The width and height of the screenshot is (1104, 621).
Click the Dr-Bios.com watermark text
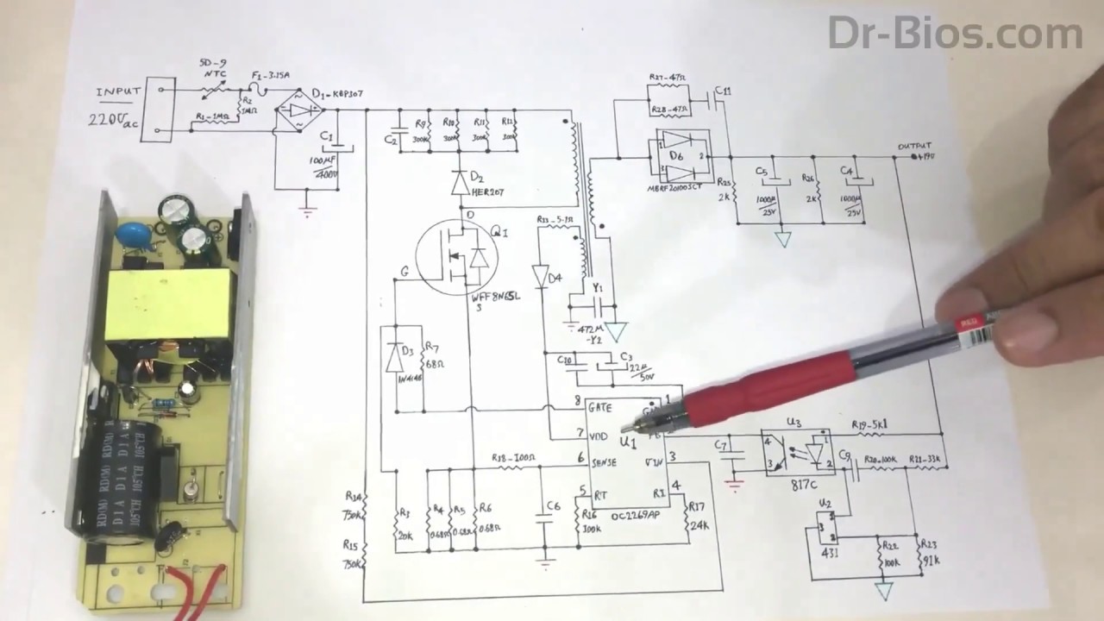click(955, 34)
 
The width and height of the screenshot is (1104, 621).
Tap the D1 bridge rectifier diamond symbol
click(298, 110)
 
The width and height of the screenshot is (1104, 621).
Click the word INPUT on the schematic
click(119, 91)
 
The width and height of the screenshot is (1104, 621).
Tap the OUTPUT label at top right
click(914, 146)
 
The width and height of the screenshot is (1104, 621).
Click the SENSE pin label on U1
click(604, 462)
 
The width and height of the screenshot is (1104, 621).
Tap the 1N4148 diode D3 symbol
click(396, 357)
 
